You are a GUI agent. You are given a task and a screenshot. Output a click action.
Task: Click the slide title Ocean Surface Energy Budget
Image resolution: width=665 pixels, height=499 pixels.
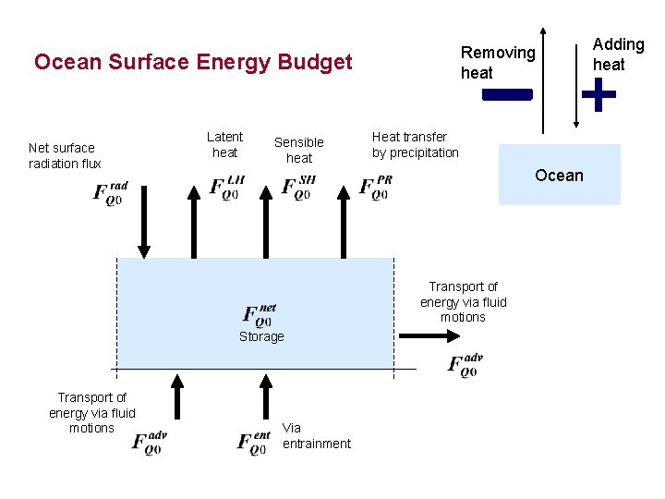(193, 62)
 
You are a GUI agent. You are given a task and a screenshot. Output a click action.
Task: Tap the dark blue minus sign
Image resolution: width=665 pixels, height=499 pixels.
(507, 94)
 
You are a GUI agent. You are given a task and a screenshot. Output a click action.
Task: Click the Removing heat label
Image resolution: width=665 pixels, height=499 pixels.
(498, 63)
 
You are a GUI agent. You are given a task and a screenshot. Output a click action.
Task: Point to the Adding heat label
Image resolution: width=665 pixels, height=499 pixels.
(618, 55)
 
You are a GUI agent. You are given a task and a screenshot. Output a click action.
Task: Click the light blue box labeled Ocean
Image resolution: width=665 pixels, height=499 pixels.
(559, 175)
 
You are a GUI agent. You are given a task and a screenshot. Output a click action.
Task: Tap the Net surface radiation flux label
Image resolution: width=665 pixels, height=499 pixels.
(65, 155)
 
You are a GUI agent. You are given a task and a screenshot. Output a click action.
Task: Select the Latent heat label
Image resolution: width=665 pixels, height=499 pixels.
(224, 144)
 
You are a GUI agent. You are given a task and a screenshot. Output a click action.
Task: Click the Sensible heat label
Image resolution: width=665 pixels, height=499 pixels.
(298, 150)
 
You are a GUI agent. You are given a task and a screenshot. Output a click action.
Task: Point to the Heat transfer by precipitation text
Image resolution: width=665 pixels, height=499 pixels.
(415, 144)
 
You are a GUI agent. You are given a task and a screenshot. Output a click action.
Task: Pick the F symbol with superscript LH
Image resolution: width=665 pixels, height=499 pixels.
(227, 187)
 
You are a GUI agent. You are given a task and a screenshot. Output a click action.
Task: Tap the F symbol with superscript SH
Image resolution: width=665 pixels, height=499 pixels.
(298, 187)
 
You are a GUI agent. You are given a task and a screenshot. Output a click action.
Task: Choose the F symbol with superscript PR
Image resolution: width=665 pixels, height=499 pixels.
(376, 187)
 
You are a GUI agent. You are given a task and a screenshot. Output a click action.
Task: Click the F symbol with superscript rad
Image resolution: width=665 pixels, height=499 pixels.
(109, 194)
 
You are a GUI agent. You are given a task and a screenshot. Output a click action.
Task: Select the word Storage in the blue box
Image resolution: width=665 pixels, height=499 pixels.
(261, 336)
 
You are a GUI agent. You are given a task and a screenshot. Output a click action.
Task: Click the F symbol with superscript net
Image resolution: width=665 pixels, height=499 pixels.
(260, 315)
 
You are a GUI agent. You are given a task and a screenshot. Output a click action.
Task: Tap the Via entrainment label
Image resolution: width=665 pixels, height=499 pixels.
(316, 435)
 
